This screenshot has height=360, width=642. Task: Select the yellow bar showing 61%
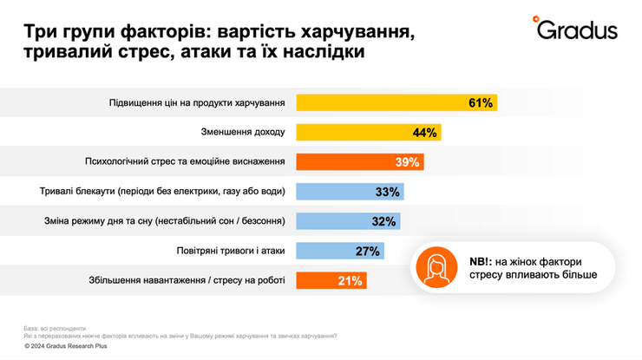click(396, 102)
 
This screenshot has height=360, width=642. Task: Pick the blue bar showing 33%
click(350, 192)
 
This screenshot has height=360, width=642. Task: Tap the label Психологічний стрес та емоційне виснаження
click(185, 162)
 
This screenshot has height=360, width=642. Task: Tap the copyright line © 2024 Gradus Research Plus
click(70, 345)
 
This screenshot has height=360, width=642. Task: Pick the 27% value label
click(367, 252)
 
